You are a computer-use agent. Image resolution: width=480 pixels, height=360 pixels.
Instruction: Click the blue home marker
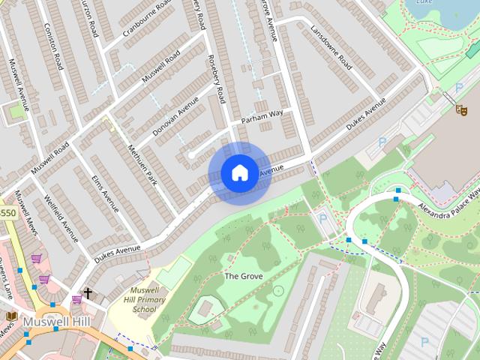pos(239,173)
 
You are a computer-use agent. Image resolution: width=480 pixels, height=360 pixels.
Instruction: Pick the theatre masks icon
pos(463,109)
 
